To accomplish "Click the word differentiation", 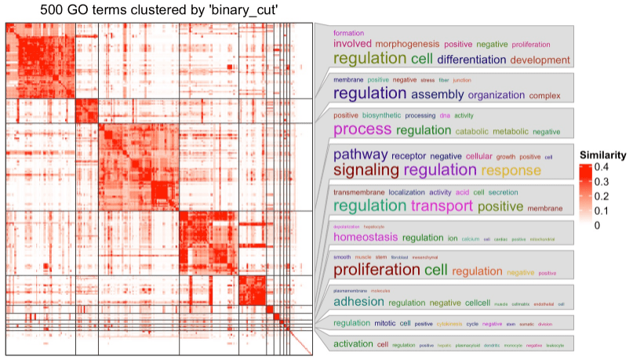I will point(471,60).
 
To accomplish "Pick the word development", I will point(540,60).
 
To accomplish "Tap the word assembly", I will point(438,95).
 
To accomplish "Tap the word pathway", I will point(360,155).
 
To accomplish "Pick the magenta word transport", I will point(440,206).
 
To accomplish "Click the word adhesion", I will point(358,302).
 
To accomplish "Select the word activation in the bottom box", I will point(353,344).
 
